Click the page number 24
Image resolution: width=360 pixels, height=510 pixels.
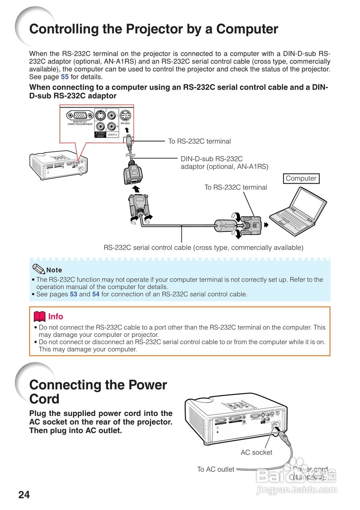pyautogui.click(x=24, y=494)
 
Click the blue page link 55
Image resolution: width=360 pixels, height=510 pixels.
pyautogui.click(x=65, y=77)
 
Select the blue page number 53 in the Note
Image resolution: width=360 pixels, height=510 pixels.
pyautogui.click(x=74, y=294)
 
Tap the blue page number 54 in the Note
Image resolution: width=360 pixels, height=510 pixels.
pyautogui.click(x=96, y=294)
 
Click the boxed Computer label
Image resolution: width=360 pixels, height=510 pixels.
pyautogui.click(x=301, y=178)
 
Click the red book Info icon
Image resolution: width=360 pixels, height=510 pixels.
pyautogui.click(x=39, y=317)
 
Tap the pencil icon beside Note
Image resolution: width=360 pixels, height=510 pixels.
pyautogui.click(x=39, y=269)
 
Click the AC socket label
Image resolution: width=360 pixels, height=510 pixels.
pyautogui.click(x=256, y=452)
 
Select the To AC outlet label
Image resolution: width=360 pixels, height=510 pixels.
pyautogui.click(x=216, y=469)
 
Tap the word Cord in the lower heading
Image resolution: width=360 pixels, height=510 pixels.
pyautogui.click(x=44, y=399)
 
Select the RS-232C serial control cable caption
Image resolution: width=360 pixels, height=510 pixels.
pyautogui.click(x=203, y=247)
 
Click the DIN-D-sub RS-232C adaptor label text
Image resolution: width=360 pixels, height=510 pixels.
pyautogui.click(x=224, y=163)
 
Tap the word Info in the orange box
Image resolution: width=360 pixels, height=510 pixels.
pyautogui.click(x=55, y=317)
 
